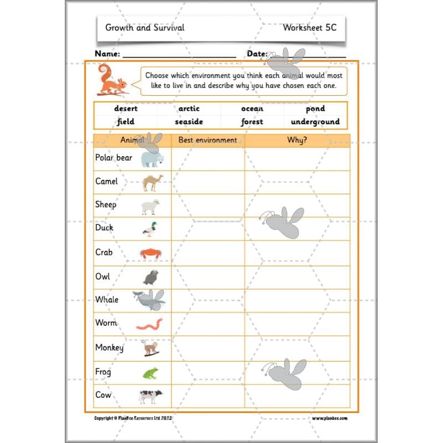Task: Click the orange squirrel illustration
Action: click(x=112, y=80)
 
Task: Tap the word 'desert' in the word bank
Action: click(x=126, y=109)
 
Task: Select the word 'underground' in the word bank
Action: click(x=315, y=122)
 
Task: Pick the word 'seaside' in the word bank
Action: click(x=189, y=122)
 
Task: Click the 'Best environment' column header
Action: click(x=208, y=140)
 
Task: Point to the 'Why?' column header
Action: click(x=297, y=140)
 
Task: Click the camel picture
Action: click(x=152, y=182)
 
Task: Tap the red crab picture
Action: click(x=151, y=254)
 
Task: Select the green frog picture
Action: click(x=150, y=373)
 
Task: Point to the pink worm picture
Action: click(x=150, y=324)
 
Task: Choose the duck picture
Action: click(x=150, y=229)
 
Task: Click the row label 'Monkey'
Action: click(x=109, y=348)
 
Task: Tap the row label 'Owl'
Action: click(x=102, y=276)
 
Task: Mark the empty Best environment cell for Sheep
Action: click(x=208, y=205)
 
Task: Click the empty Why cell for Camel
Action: click(x=297, y=182)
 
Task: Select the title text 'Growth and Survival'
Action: click(x=145, y=27)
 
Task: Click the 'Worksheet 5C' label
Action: click(x=309, y=27)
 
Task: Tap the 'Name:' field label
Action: click(x=107, y=54)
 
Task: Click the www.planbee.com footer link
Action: click(x=329, y=419)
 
